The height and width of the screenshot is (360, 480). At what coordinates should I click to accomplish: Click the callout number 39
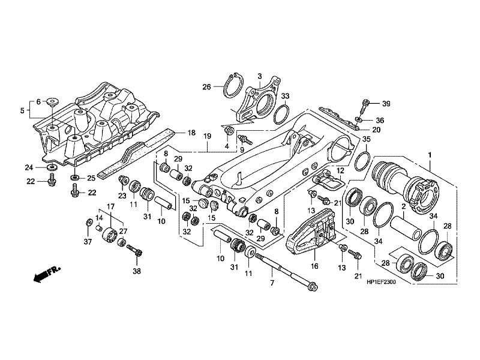pyautogui.click(x=386, y=104)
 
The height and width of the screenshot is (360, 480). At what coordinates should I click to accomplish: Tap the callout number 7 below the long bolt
pyautogui.click(x=272, y=283)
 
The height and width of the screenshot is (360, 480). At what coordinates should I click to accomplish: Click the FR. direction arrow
pyautogui.click(x=43, y=275)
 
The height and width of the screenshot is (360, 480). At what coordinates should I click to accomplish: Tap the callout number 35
pyautogui.click(x=366, y=140)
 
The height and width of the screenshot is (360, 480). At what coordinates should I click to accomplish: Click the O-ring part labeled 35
pyautogui.click(x=361, y=161)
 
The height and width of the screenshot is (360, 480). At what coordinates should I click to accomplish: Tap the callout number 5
pyautogui.click(x=23, y=110)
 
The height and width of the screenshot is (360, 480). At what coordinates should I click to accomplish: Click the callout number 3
pyautogui.click(x=260, y=76)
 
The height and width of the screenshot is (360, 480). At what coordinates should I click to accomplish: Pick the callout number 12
pyautogui.click(x=340, y=170)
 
